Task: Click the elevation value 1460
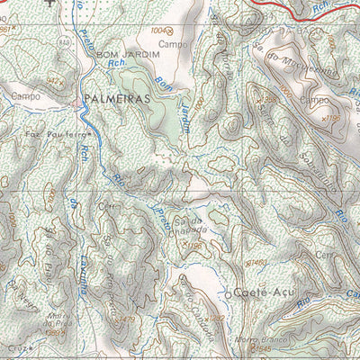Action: (257, 261)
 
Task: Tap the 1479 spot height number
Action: (125, 319)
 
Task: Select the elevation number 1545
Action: (261, 347)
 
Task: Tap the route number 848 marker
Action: (63, 42)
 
